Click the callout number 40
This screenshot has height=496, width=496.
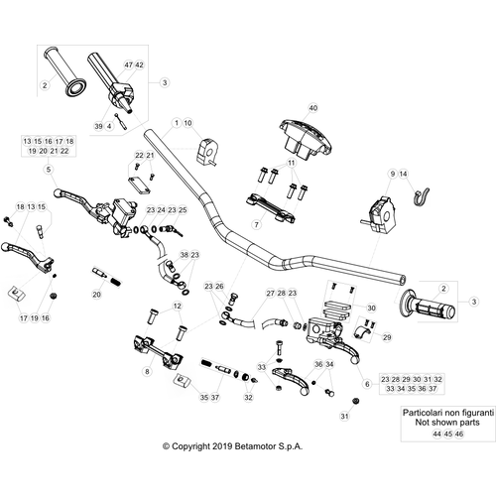312,108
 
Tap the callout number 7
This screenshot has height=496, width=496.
257,225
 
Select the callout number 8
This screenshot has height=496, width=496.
148,371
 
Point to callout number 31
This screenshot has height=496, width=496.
344,416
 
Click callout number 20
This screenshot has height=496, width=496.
96,295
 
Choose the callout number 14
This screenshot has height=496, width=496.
403,174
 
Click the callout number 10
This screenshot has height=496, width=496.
187,123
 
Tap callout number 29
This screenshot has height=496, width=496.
387,337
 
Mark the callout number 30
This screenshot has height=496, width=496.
371,309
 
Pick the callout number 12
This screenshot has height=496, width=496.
178,306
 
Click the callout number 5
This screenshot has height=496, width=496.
49,170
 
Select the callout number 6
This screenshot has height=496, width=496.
367,384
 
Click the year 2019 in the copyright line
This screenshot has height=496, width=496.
222,446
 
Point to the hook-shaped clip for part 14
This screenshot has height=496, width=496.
420,197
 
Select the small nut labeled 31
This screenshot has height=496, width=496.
356,401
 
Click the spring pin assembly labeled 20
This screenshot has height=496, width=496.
106,277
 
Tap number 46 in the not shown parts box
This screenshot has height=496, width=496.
459,434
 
